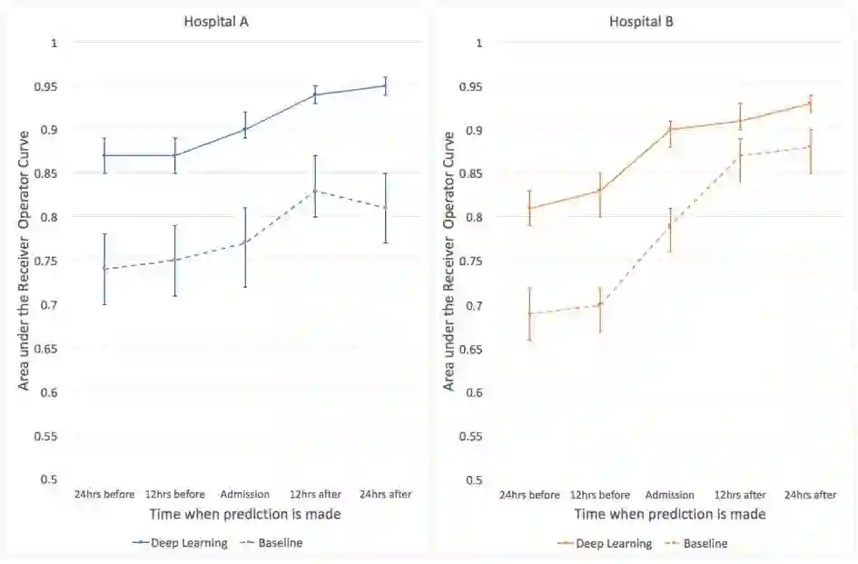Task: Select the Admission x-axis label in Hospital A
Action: coord(245,494)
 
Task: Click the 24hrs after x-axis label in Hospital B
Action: coord(811,495)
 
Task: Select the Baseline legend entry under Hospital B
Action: coord(705,544)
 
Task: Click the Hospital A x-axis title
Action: coord(245,514)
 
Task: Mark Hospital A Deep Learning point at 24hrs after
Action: coord(386,86)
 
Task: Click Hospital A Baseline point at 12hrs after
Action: coord(315,191)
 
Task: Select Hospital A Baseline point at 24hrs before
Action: coord(104,269)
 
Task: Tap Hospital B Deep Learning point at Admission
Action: coord(670,129)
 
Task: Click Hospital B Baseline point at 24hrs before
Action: coord(529,313)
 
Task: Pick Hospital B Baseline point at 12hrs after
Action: coord(741,155)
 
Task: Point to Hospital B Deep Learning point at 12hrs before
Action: coord(600,191)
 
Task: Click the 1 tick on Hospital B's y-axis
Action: coord(478,43)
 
